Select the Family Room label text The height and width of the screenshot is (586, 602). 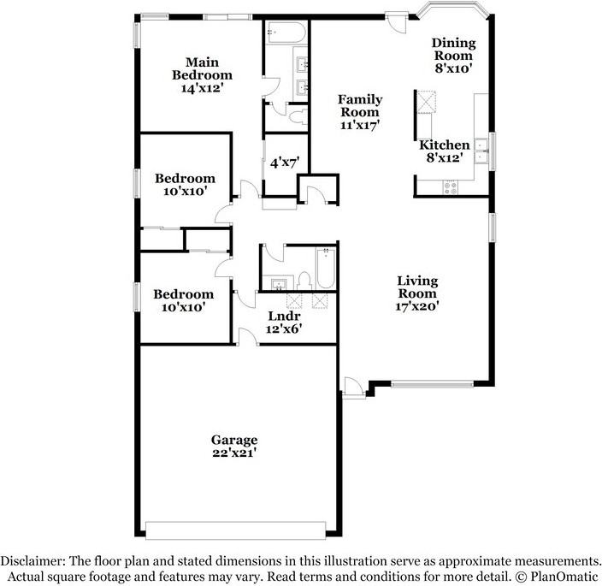360,105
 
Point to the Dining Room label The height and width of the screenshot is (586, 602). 452,50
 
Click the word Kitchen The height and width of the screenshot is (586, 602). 444,145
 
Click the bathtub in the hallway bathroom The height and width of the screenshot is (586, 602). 326,268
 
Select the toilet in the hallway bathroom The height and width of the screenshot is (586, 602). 303,280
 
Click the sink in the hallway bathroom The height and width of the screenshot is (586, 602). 278,283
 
